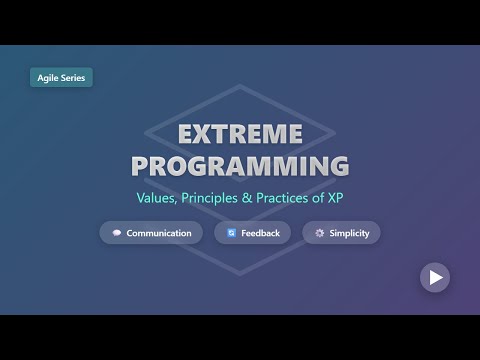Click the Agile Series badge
click(x=61, y=77)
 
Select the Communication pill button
click(x=151, y=233)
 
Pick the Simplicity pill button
click(x=341, y=233)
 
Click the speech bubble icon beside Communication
click(x=117, y=233)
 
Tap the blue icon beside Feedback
click(x=231, y=233)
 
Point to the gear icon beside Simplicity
click(x=318, y=233)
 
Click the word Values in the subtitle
click(x=158, y=198)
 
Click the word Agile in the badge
click(x=49, y=77)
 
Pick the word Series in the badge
click(x=72, y=77)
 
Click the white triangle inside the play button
click(x=435, y=277)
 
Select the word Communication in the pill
click(x=158, y=233)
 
